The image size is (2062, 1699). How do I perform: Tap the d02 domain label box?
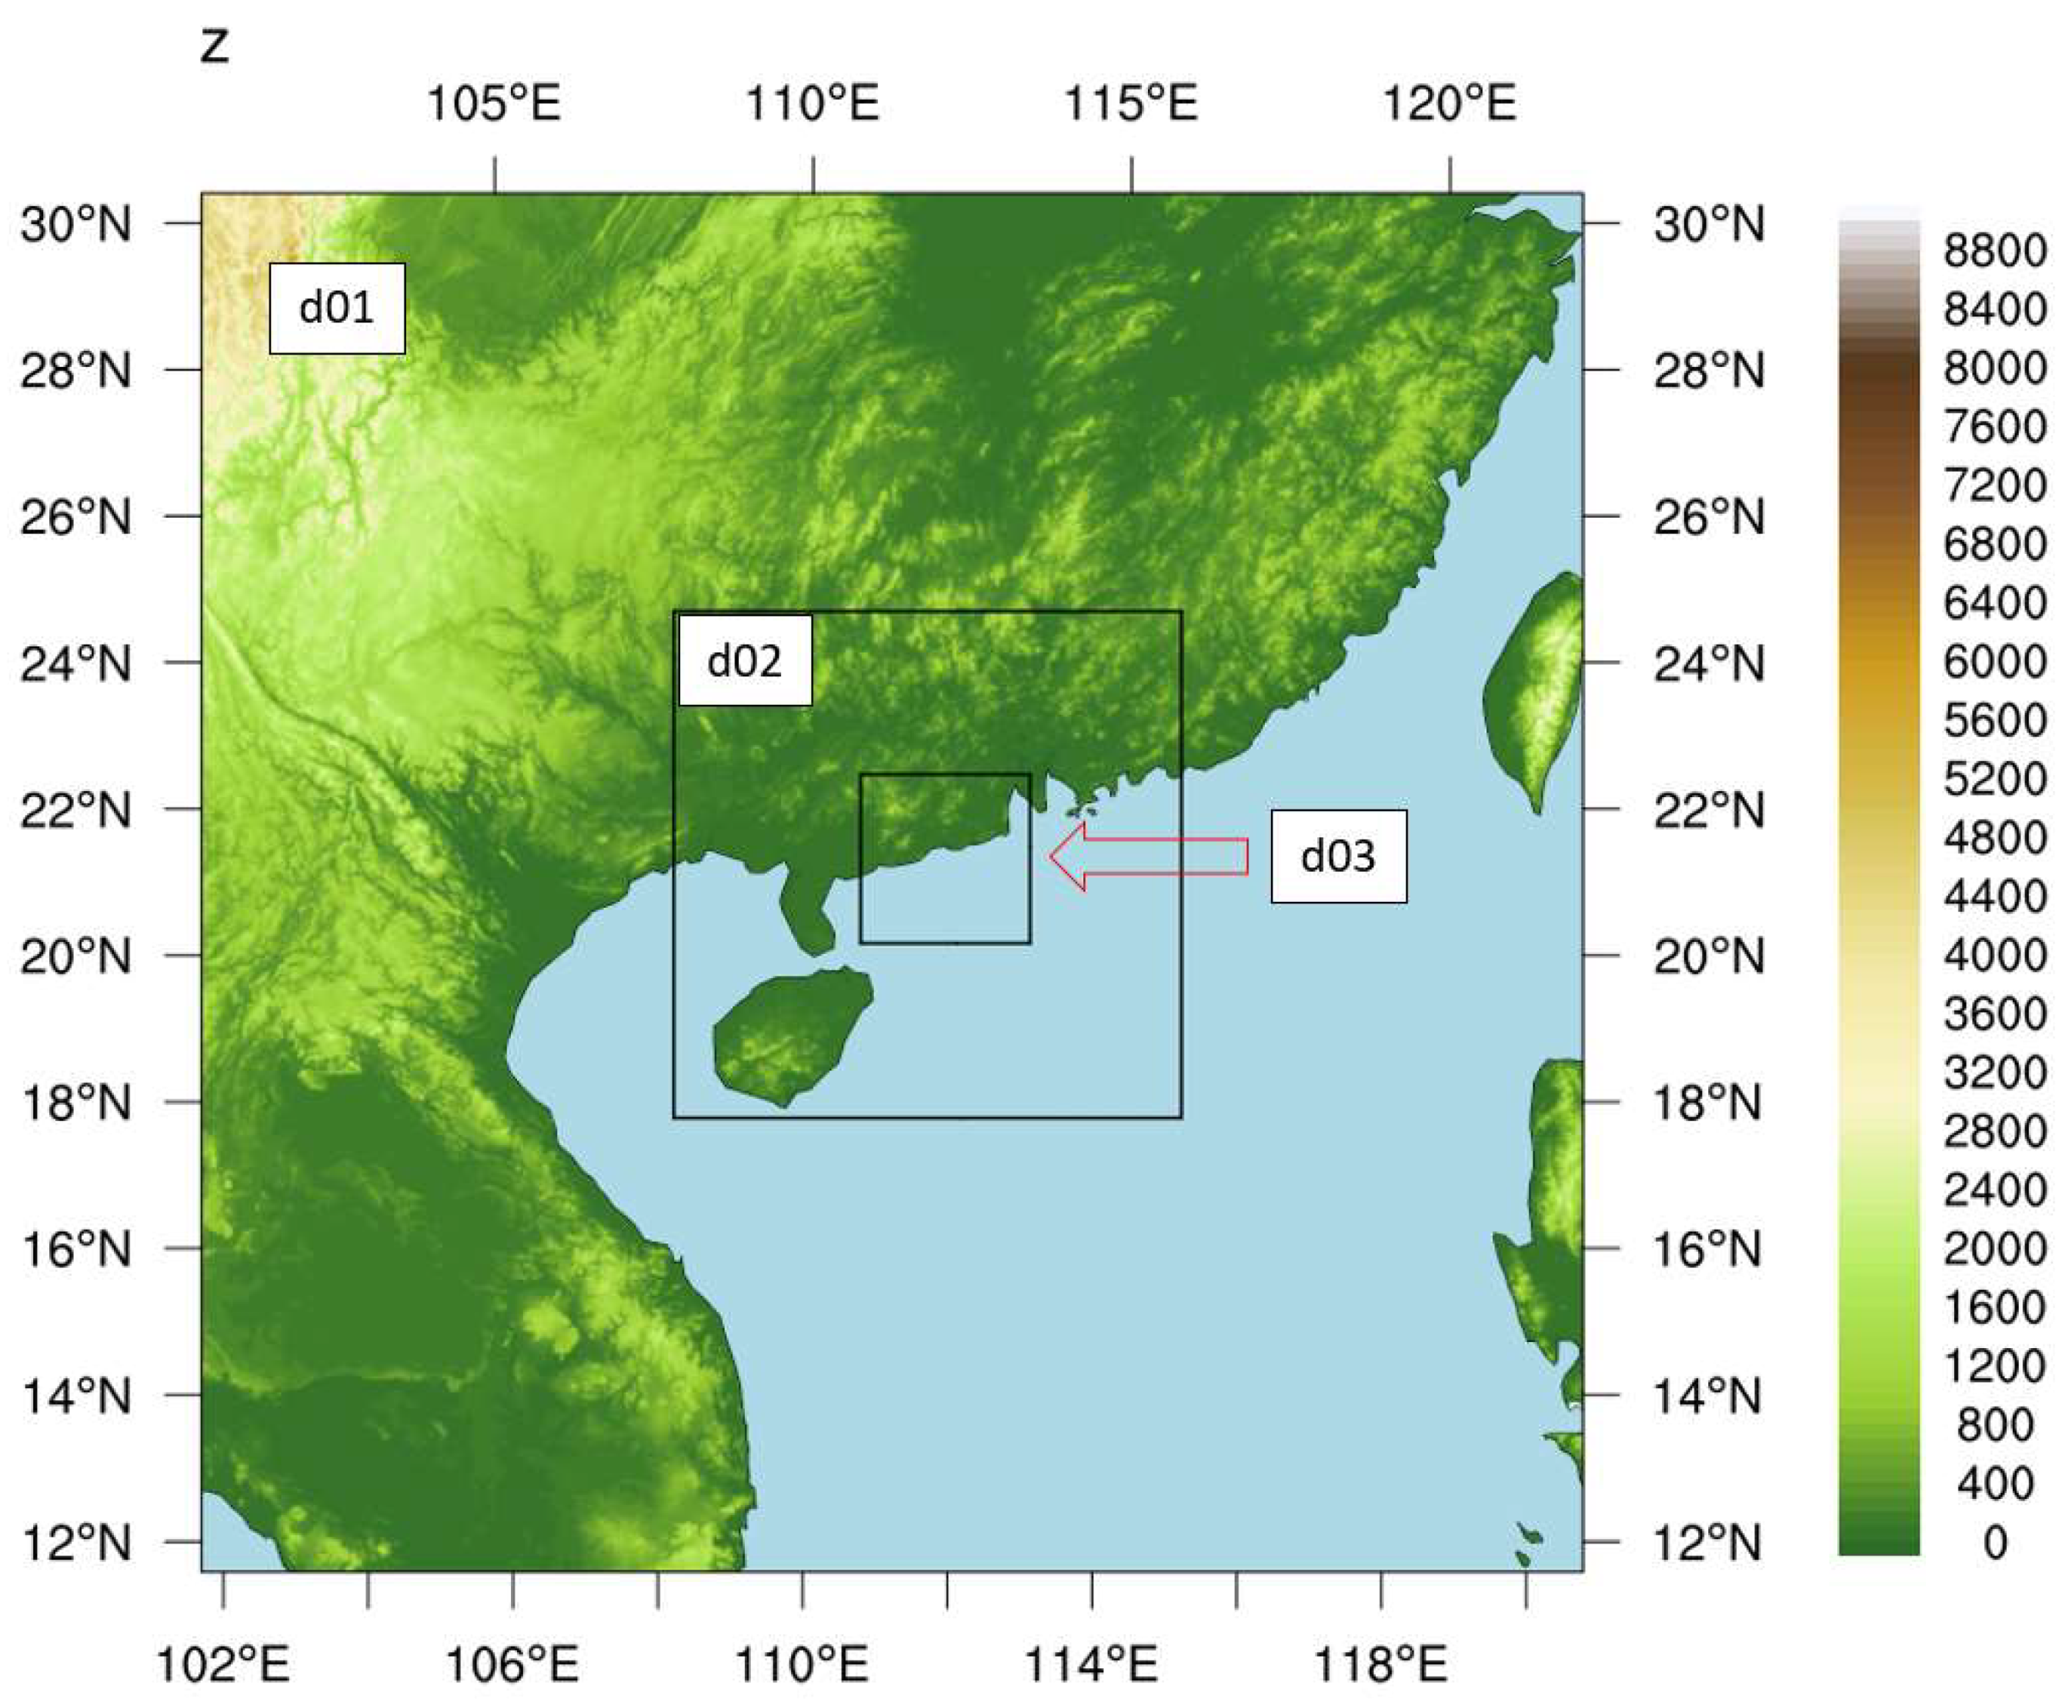pyautogui.click(x=745, y=661)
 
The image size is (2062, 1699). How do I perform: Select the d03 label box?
pyautogui.click(x=1338, y=856)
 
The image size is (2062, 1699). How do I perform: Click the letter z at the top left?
pyautogui.click(x=215, y=45)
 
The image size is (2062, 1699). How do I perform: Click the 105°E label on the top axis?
pyautogui.click(x=494, y=103)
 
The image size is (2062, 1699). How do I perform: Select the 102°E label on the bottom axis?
pyautogui.click(x=223, y=1664)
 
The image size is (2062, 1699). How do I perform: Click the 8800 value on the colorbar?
pyautogui.click(x=1994, y=251)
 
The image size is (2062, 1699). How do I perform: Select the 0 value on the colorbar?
pyautogui.click(x=1994, y=1542)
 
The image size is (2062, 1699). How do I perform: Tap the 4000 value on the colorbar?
pyautogui.click(x=1994, y=955)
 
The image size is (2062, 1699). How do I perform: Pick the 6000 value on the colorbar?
pyautogui.click(x=1994, y=662)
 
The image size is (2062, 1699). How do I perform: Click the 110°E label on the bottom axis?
pyautogui.click(x=802, y=1664)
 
